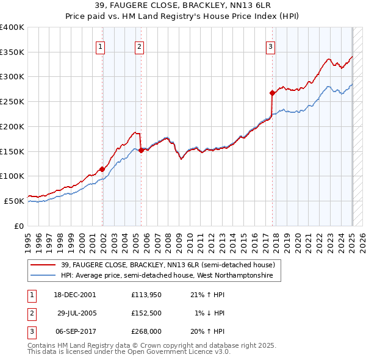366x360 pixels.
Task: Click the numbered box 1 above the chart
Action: pos(99,46)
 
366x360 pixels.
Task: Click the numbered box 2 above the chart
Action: pos(139,46)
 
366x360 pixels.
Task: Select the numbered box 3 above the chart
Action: pos(270,46)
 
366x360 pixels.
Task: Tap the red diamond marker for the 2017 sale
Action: pos(272,93)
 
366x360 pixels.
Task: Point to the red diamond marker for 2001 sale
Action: pos(102,169)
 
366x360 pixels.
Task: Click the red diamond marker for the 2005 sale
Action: pos(141,150)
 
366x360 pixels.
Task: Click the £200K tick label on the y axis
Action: pos(12,126)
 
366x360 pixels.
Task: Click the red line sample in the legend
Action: pos(43,265)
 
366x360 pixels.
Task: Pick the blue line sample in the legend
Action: pos(43,276)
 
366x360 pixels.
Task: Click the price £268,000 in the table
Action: pos(146,331)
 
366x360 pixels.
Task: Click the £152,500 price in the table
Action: pos(146,313)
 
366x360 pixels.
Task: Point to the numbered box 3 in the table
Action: pos(31,331)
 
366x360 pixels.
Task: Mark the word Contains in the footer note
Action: pos(42,345)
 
